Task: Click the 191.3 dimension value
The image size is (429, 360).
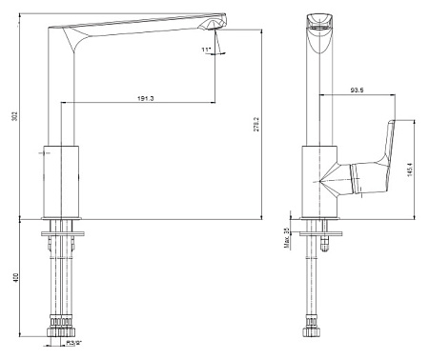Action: pyautogui.click(x=146, y=98)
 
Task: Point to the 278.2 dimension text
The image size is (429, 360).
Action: pyautogui.click(x=256, y=125)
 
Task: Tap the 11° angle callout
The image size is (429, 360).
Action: pyautogui.click(x=206, y=50)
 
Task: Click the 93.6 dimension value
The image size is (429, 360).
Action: pyautogui.click(x=357, y=90)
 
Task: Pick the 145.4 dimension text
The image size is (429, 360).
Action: pyautogui.click(x=410, y=170)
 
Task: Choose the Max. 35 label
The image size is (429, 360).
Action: pyautogui.click(x=287, y=238)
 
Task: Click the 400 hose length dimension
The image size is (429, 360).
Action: pyautogui.click(x=16, y=278)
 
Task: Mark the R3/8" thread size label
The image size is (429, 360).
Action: pyautogui.click(x=74, y=343)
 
